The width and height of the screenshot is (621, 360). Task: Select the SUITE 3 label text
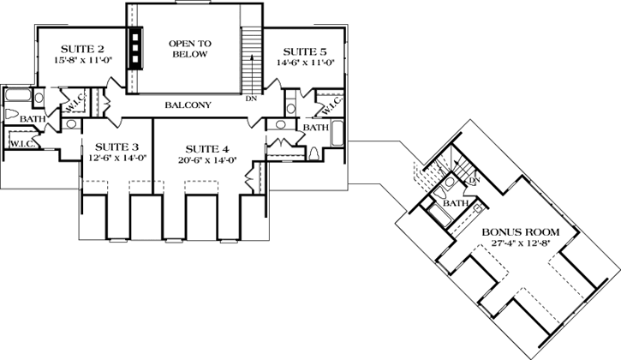117,147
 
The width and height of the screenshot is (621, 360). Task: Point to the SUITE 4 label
205,147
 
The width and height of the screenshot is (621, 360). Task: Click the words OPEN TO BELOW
191,50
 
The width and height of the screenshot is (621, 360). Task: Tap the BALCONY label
188,105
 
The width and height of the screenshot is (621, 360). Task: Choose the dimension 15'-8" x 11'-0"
70,62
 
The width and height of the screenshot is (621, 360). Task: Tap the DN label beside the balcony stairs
251,99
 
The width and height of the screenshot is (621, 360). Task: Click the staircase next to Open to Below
251,55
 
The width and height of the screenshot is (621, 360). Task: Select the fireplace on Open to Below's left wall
136,47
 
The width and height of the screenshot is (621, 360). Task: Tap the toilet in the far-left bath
12,116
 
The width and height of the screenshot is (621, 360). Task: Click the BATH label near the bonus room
455,204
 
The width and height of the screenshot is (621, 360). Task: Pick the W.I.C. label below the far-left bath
21,143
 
